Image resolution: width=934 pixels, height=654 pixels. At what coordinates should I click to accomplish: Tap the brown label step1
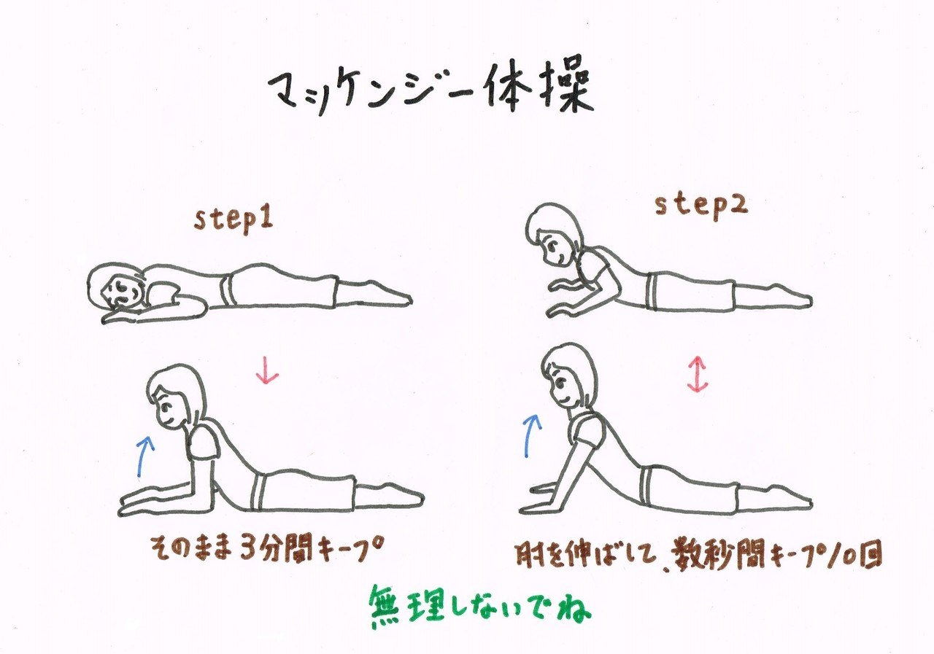233,220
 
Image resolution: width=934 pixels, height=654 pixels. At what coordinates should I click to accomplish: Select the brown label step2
701,207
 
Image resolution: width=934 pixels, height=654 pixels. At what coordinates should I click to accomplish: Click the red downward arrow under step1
267,370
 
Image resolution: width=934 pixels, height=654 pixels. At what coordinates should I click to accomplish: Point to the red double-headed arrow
698,373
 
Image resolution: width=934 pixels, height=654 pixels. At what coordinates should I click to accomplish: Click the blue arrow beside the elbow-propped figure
144,456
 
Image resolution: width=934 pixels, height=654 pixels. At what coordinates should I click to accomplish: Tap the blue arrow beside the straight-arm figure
531,435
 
